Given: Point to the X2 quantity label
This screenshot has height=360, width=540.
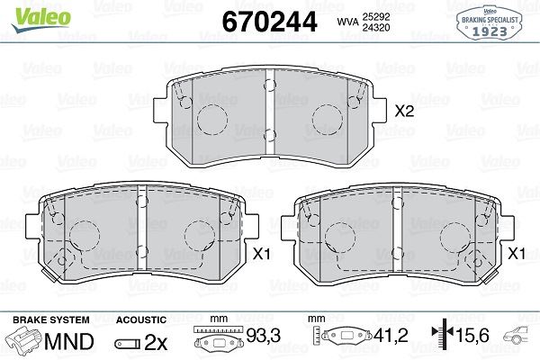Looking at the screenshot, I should [x=404, y=112].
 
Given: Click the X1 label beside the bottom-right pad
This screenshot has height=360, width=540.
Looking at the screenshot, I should [x=517, y=255].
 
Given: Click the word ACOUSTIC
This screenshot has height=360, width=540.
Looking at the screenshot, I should [x=141, y=319].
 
